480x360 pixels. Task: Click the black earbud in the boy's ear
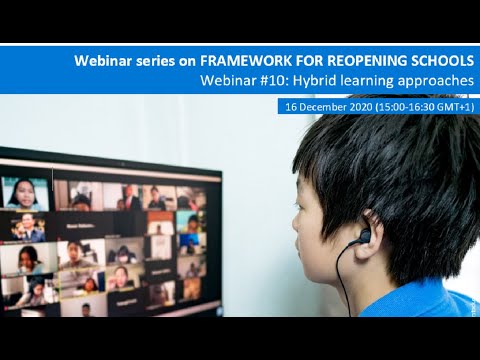364,237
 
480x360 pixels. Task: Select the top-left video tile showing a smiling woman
26,192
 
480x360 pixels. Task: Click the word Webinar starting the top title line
104,61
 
